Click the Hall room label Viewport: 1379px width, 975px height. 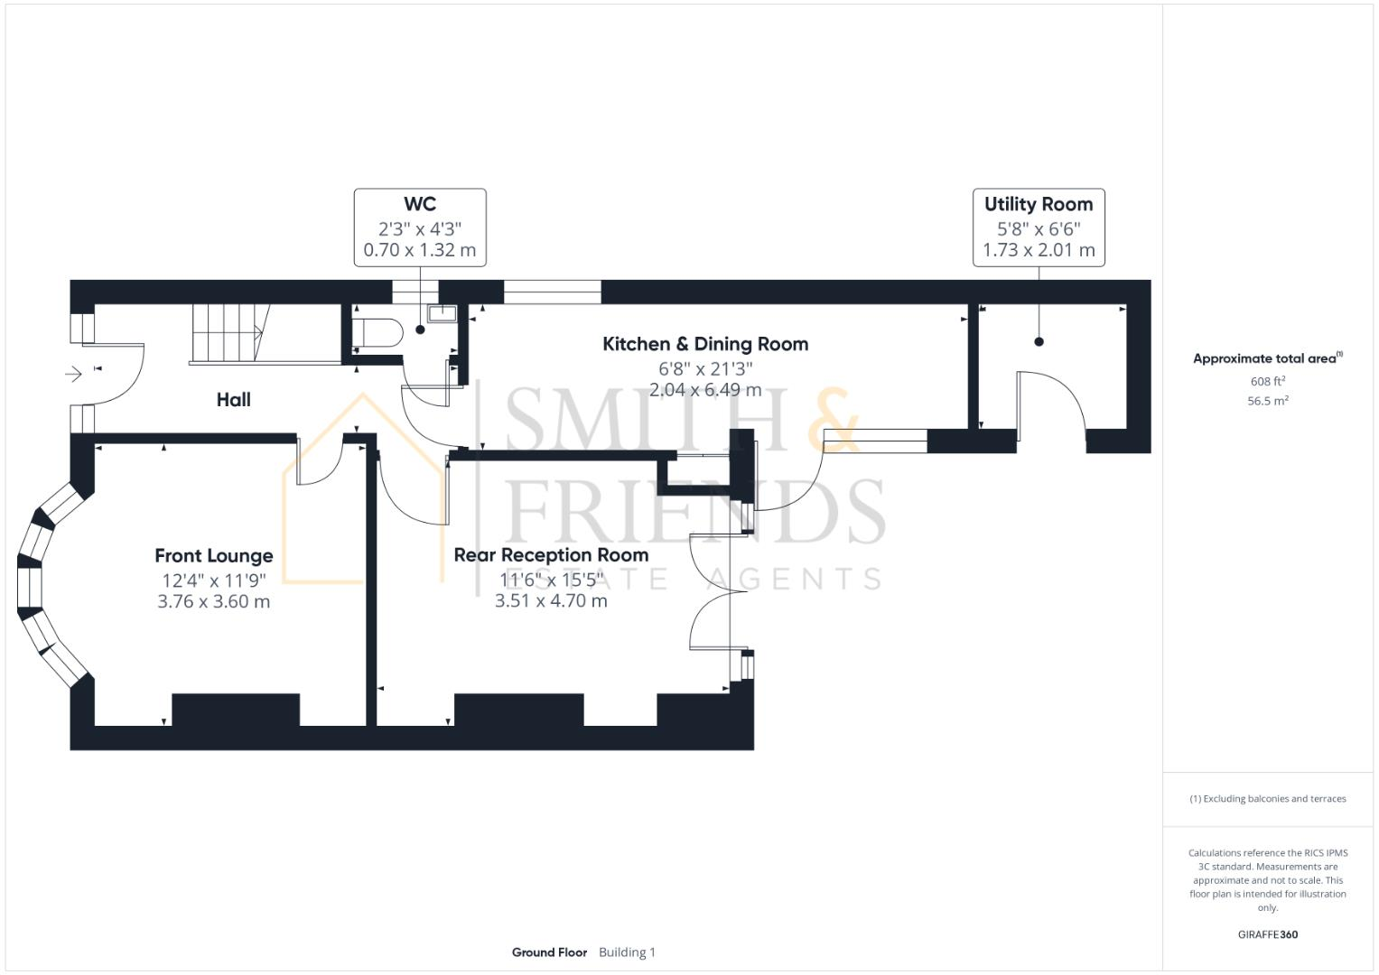coord(233,400)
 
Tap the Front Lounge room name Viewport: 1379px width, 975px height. coord(213,556)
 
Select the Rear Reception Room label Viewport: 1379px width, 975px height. coord(551,555)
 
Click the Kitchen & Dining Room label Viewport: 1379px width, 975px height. coord(704,344)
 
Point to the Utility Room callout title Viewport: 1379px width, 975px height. coord(1038,205)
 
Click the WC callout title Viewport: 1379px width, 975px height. coord(420,205)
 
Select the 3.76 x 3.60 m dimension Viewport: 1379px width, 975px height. coord(213,601)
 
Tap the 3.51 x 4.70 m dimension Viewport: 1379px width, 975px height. coord(551,600)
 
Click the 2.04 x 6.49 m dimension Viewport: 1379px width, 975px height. coord(704,390)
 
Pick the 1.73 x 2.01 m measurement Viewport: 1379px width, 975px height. coord(1038,250)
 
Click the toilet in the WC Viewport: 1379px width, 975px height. coord(377,332)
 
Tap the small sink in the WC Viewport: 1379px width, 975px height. coord(443,314)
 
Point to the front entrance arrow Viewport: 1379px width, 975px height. coord(74,374)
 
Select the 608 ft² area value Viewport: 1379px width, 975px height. coord(1267,382)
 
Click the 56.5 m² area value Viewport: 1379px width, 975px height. coord(1267,401)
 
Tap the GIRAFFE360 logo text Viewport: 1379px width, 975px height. coord(1267,934)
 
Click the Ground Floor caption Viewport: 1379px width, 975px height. coord(549,952)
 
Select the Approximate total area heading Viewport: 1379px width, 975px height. coord(1267,358)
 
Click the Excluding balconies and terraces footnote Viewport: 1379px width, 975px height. coord(1267,799)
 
